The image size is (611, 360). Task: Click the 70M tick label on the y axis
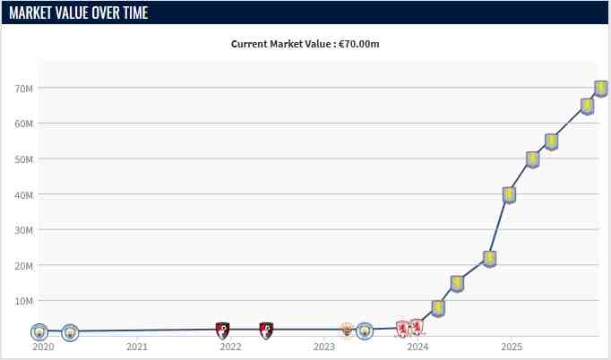(24, 89)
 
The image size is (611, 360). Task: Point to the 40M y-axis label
(24, 195)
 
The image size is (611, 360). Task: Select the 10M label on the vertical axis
(24, 301)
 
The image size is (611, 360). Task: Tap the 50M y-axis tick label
(24, 159)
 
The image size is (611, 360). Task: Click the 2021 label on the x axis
(137, 347)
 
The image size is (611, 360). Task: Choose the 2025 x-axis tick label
(511, 347)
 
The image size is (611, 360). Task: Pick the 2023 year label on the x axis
(323, 347)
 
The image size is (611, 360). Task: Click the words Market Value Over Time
(79, 13)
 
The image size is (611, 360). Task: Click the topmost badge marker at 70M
(601, 88)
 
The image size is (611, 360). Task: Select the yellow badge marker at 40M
(509, 195)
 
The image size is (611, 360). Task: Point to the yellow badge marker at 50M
(532, 159)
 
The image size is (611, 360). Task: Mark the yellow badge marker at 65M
(587, 106)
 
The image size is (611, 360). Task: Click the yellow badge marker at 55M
(551, 141)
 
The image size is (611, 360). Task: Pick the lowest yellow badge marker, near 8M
(438, 308)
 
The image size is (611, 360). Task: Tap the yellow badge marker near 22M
(489, 259)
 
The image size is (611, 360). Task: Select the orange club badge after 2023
(347, 330)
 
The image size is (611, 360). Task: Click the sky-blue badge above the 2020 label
(39, 331)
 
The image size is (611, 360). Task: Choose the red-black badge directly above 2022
(223, 330)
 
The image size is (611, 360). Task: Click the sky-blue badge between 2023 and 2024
(365, 331)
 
